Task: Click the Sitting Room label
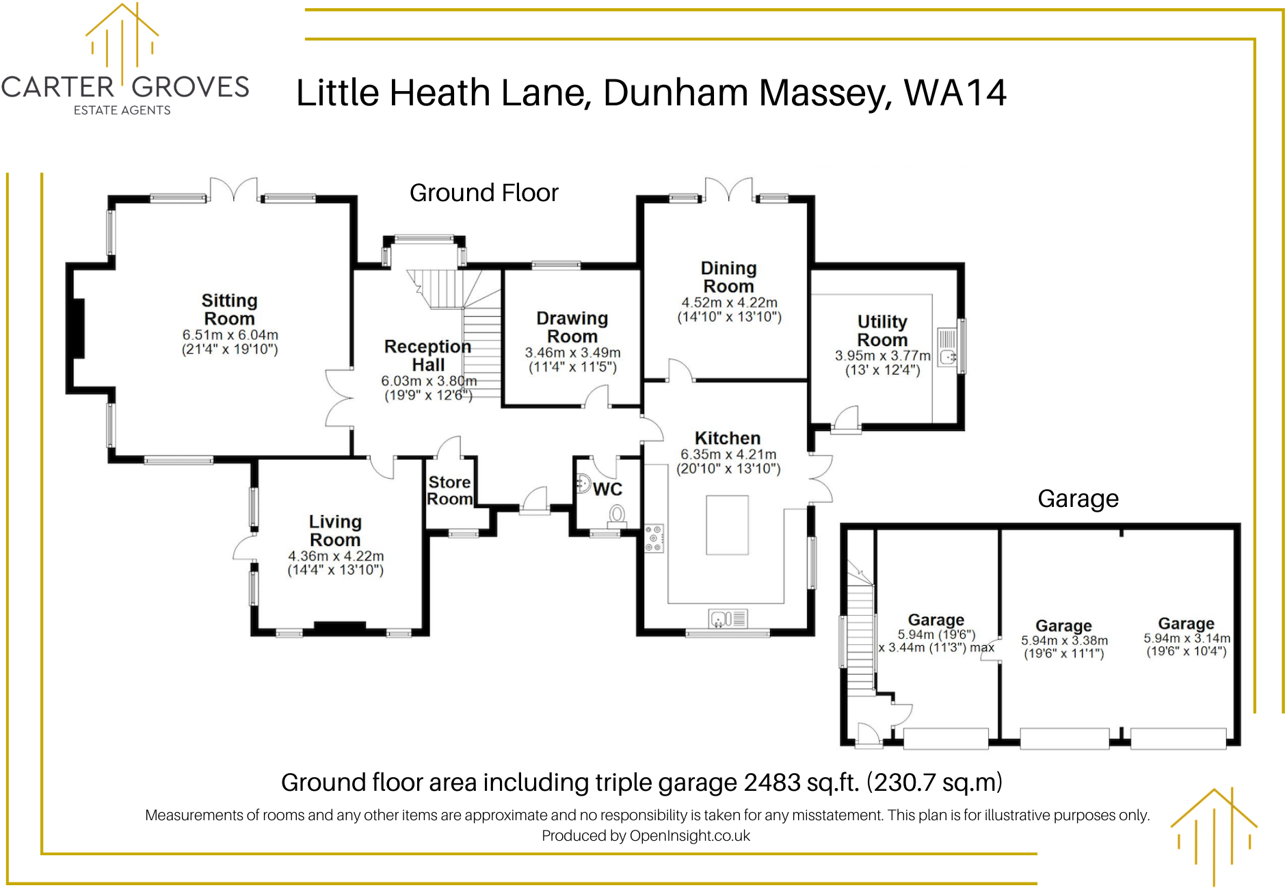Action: click(230, 310)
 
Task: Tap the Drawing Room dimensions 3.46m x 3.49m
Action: click(573, 353)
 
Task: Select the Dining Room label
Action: click(729, 277)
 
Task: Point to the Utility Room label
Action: click(882, 330)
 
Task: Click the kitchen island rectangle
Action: click(727, 525)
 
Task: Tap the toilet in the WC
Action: click(617, 514)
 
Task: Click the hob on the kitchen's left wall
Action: click(654, 538)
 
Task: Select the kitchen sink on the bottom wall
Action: click(728, 618)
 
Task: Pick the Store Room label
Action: click(449, 490)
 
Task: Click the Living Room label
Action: click(335, 531)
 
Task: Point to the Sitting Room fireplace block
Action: click(78, 328)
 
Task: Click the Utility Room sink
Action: click(947, 348)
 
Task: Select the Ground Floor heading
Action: click(484, 193)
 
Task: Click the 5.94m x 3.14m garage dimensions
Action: click(1187, 638)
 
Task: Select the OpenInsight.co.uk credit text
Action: click(646, 836)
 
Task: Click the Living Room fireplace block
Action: click(340, 626)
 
